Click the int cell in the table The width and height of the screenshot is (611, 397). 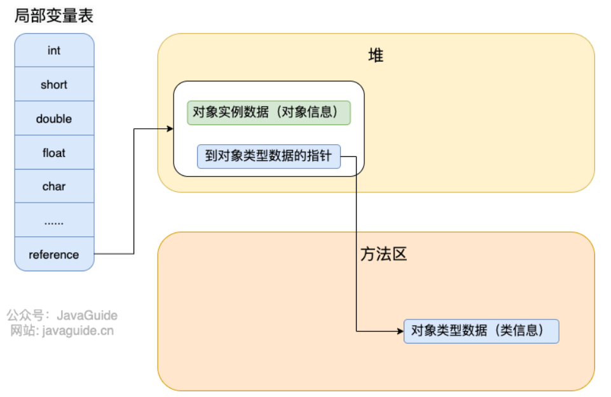pyautogui.click(x=54, y=50)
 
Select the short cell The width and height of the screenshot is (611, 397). pyautogui.click(x=54, y=84)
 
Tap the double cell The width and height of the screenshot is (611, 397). pyautogui.click(x=54, y=119)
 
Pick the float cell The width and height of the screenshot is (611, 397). pyautogui.click(x=54, y=153)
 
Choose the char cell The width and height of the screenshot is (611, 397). pyautogui.click(x=54, y=187)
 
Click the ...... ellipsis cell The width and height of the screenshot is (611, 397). pyautogui.click(x=54, y=221)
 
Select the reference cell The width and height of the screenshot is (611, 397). pyautogui.click(x=54, y=255)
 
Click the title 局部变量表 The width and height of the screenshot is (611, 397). pyautogui.click(x=54, y=16)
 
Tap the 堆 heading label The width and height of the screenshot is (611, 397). pyautogui.click(x=376, y=55)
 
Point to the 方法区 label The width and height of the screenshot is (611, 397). pyautogui.click(x=383, y=255)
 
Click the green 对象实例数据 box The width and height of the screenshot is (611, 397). pyautogui.click(x=268, y=113)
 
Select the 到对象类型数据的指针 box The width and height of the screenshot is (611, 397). pyautogui.click(x=268, y=156)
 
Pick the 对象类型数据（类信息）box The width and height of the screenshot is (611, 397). pyautogui.click(x=481, y=331)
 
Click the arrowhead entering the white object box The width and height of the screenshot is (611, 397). pyautogui.click(x=170, y=129)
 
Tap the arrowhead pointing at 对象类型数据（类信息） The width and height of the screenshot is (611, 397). pyautogui.click(x=400, y=331)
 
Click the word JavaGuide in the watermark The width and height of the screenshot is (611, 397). pyautogui.click(x=87, y=315)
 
